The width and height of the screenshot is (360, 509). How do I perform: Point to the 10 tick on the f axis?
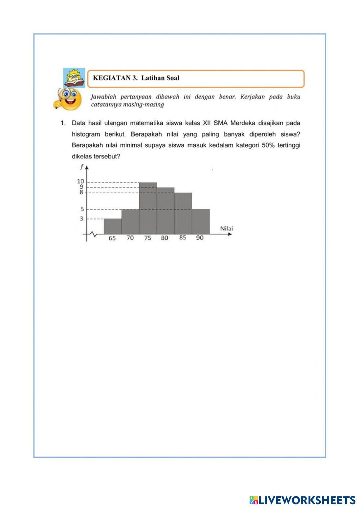[x=80, y=181]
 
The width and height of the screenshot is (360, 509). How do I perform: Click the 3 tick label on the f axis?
[x=81, y=219]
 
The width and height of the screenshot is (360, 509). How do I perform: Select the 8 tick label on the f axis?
[x=81, y=192]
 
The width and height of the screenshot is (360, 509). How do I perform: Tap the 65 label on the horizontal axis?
[x=112, y=238]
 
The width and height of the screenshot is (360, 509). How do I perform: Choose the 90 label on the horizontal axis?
[x=200, y=238]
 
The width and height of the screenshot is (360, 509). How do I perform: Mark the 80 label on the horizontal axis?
[x=165, y=238]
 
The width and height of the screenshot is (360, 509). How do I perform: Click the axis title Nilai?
[x=226, y=229]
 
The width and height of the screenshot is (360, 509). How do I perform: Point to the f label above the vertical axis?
[x=82, y=167]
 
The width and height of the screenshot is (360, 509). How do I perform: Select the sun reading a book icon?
[x=74, y=78]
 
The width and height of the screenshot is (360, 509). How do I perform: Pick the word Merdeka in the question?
[x=243, y=123]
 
